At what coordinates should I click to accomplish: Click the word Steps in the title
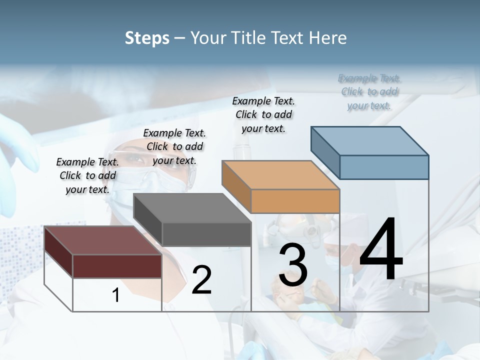click(147, 38)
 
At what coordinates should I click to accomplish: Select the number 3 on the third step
click(293, 265)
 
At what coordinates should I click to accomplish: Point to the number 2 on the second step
click(201, 280)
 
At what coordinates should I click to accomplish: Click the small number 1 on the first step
click(116, 295)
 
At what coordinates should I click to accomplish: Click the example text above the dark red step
click(87, 175)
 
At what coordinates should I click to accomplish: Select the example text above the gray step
click(174, 146)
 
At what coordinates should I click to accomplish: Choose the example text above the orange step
click(263, 114)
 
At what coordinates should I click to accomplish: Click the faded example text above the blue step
click(369, 91)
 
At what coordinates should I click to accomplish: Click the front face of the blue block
click(384, 167)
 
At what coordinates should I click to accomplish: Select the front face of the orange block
click(295, 201)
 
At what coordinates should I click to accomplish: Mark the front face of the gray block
click(206, 234)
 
